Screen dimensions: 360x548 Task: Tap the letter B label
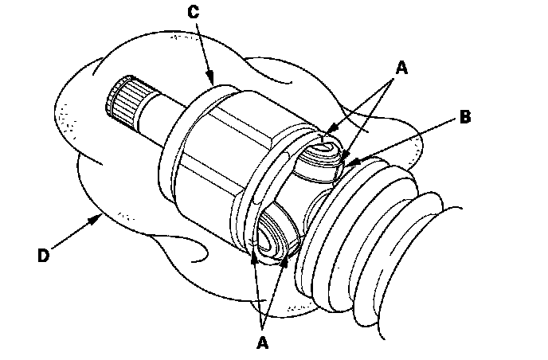tap(465, 117)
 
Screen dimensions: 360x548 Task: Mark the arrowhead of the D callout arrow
tap(100, 216)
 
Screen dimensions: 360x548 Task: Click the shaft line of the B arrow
tap(406, 143)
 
